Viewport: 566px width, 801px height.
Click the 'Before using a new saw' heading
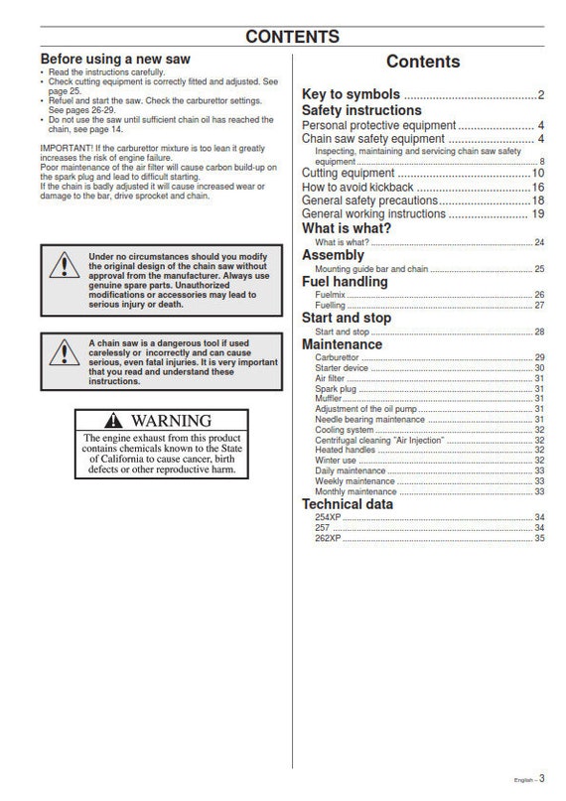coord(113,60)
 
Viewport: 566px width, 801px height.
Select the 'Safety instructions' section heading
coord(361,110)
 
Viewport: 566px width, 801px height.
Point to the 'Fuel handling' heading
coord(345,282)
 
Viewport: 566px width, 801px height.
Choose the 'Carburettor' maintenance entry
coord(338,356)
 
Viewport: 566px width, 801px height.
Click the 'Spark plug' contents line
coord(335,389)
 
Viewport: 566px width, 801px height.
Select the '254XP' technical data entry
coord(329,517)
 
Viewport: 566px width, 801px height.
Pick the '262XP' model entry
coord(329,538)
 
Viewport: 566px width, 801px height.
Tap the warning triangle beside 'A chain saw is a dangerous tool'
coord(64,351)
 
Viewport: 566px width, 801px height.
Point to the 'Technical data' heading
coord(348,504)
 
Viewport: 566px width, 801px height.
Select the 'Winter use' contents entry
coord(336,461)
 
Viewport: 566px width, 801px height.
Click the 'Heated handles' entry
coord(343,450)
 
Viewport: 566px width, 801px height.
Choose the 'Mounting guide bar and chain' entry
coord(372,269)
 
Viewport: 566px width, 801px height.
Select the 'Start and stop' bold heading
coord(347,318)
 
